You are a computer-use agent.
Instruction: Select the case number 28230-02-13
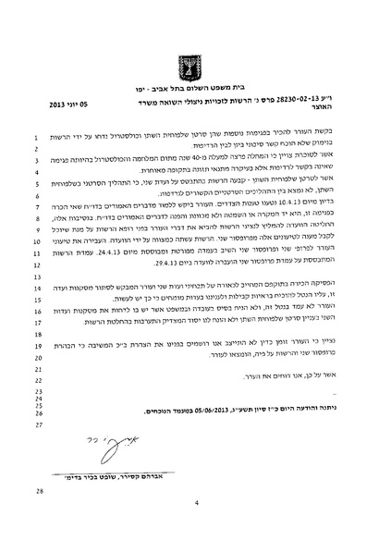click(294, 117)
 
